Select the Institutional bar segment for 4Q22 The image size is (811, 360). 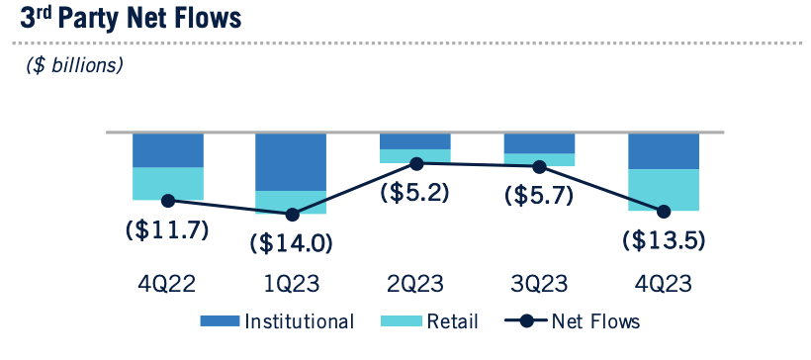pos(168,150)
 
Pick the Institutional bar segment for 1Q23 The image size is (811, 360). pos(292,161)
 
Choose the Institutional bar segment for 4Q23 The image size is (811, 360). pos(664,151)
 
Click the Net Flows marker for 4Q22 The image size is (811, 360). pos(168,200)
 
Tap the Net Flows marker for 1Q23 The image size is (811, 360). pos(292,215)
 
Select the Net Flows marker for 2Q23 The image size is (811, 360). pos(416,163)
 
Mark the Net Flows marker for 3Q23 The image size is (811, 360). pos(540,167)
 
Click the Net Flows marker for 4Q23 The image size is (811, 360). pos(664,211)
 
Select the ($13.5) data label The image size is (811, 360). pos(664,239)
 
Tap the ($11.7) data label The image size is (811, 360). pos(168,229)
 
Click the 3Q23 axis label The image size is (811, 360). pos(540,284)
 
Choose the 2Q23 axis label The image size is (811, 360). pos(416,284)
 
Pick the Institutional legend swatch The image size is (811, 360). pos(220,321)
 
